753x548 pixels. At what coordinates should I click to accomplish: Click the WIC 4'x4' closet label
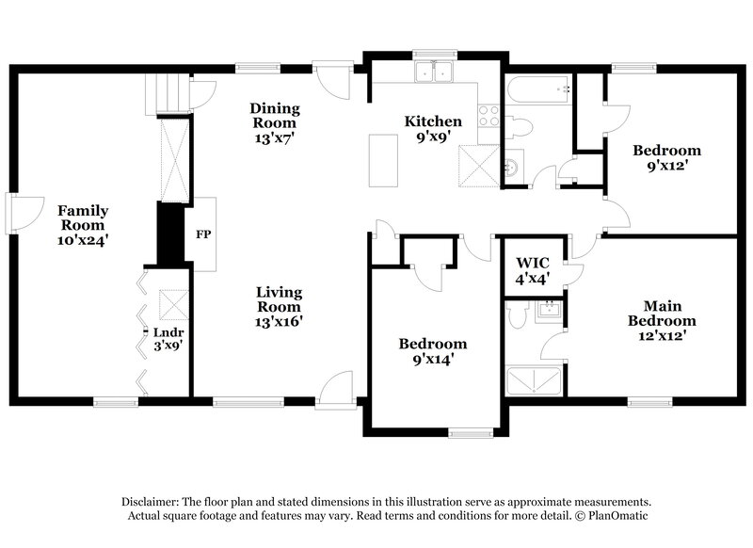pyautogui.click(x=533, y=270)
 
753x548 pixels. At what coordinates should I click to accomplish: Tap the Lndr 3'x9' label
pyautogui.click(x=170, y=339)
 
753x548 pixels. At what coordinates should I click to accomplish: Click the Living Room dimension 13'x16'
pyautogui.click(x=279, y=321)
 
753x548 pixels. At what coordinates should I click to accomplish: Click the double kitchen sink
pyautogui.click(x=434, y=72)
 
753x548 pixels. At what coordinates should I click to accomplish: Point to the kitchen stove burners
pyautogui.click(x=489, y=116)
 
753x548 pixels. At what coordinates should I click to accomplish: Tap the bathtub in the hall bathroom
pyautogui.click(x=540, y=91)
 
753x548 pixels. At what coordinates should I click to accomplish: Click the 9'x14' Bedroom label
pyautogui.click(x=432, y=351)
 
